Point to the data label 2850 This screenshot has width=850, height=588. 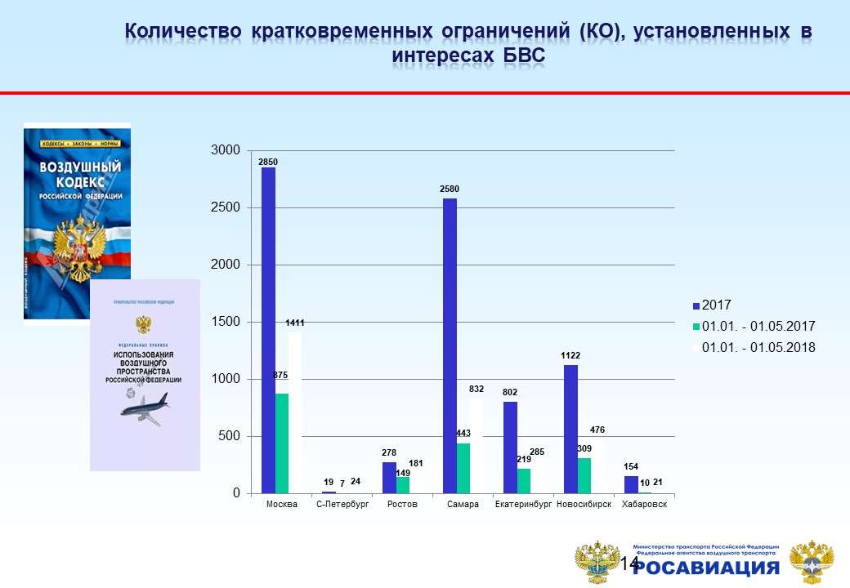click(x=268, y=162)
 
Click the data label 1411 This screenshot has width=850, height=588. click(x=295, y=323)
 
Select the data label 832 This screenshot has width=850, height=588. click(x=477, y=390)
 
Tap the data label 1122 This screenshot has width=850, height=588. click(x=570, y=355)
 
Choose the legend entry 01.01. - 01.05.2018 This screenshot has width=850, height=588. click(x=752, y=347)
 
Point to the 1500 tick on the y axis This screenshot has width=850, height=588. click(x=226, y=322)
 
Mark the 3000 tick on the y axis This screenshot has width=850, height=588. click(x=226, y=150)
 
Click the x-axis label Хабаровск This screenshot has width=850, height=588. click(x=644, y=505)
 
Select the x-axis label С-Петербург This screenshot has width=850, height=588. click(x=342, y=505)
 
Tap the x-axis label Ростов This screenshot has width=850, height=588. click(x=402, y=505)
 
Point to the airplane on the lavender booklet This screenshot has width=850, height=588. click(x=145, y=407)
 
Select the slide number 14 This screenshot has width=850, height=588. click(x=629, y=563)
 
